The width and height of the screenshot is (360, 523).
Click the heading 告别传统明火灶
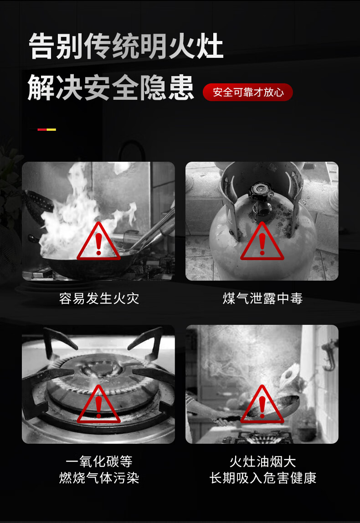(x=126, y=46)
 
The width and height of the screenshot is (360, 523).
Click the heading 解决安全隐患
(x=111, y=87)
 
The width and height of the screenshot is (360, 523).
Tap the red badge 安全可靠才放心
(x=247, y=92)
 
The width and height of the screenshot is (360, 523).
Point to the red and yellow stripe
(x=47, y=129)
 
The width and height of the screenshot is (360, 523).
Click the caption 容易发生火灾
(x=99, y=298)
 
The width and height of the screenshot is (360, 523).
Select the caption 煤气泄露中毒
(x=262, y=298)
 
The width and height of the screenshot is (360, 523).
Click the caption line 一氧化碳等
(x=99, y=461)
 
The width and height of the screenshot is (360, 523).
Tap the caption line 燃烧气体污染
(x=99, y=477)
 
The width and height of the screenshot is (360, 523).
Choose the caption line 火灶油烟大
(x=262, y=461)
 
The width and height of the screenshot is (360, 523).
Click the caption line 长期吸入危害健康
(x=262, y=477)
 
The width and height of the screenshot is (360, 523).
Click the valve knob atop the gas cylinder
(x=261, y=190)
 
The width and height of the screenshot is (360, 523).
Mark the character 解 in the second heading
(x=41, y=87)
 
